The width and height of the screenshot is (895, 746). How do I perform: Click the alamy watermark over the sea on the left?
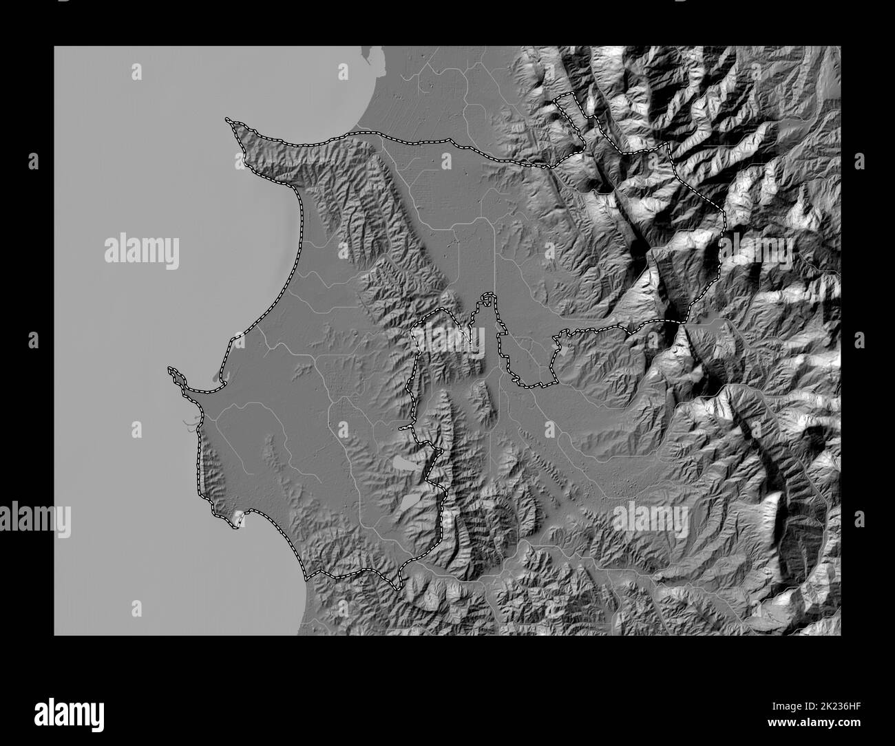pyautogui.click(x=142, y=252)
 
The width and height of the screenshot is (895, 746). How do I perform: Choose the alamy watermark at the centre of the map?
pyautogui.click(x=448, y=339)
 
